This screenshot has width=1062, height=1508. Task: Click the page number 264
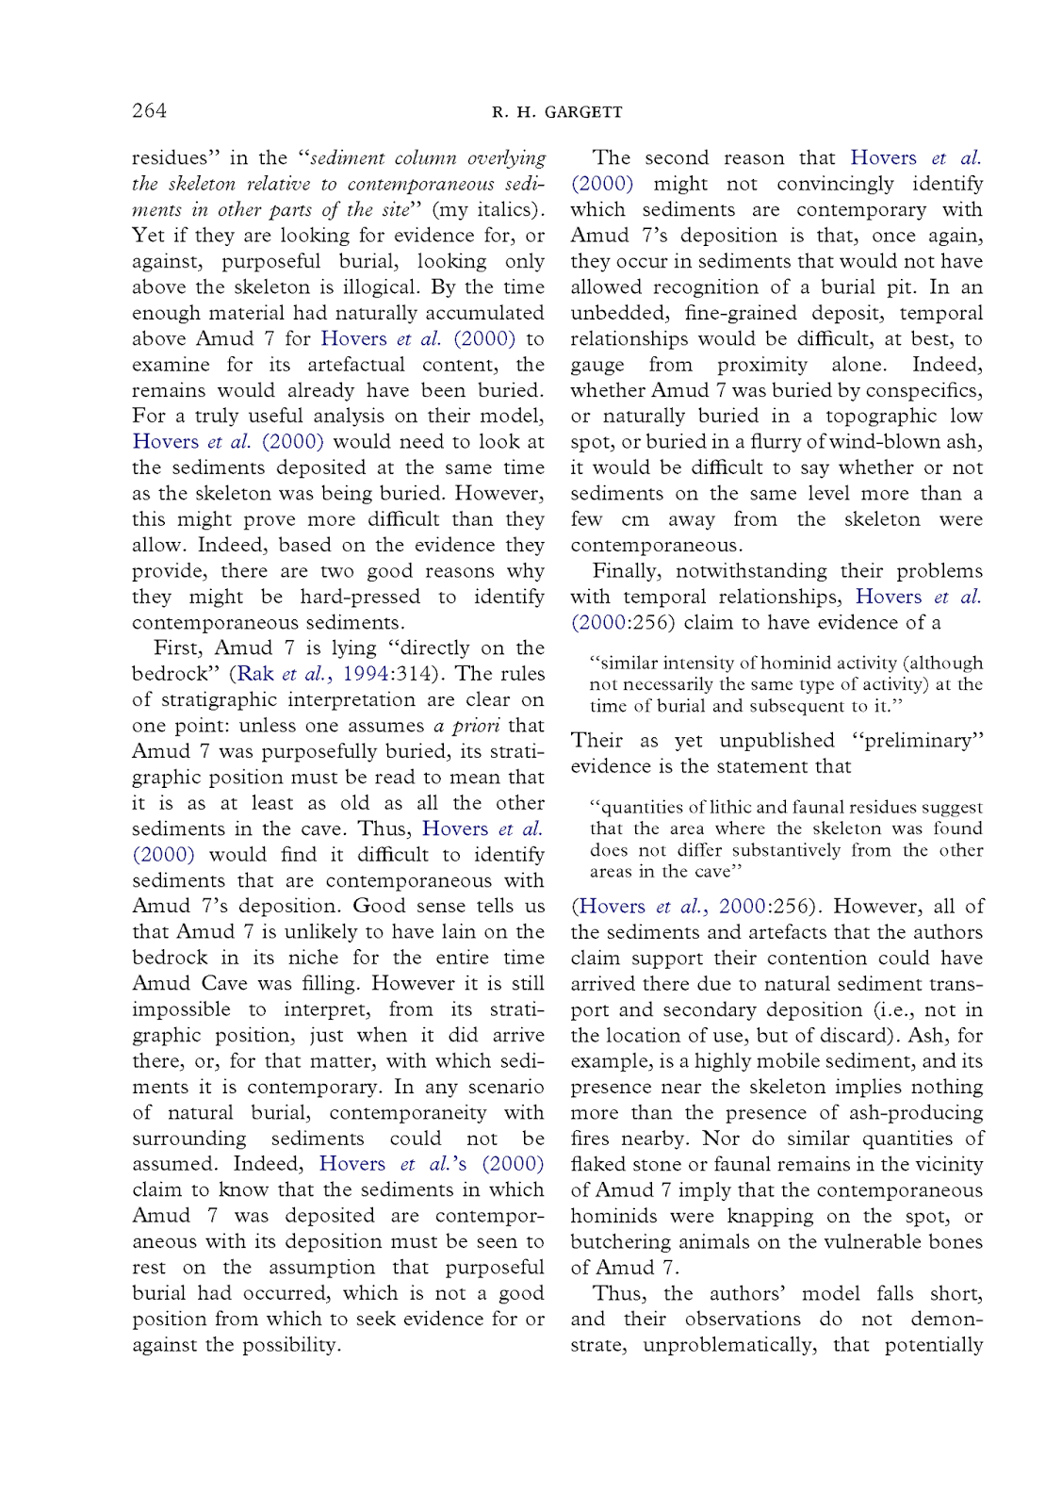click(x=149, y=110)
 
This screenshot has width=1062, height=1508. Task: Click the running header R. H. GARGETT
click(x=557, y=112)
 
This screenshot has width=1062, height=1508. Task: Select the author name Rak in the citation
click(x=255, y=674)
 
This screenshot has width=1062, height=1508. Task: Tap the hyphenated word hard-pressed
click(x=359, y=597)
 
